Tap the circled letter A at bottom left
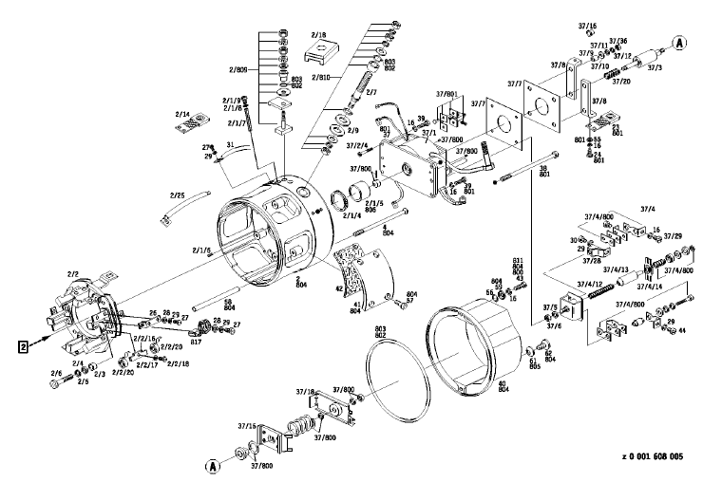coord(213,466)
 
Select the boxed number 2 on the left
coord(20,345)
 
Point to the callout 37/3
coord(655,67)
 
